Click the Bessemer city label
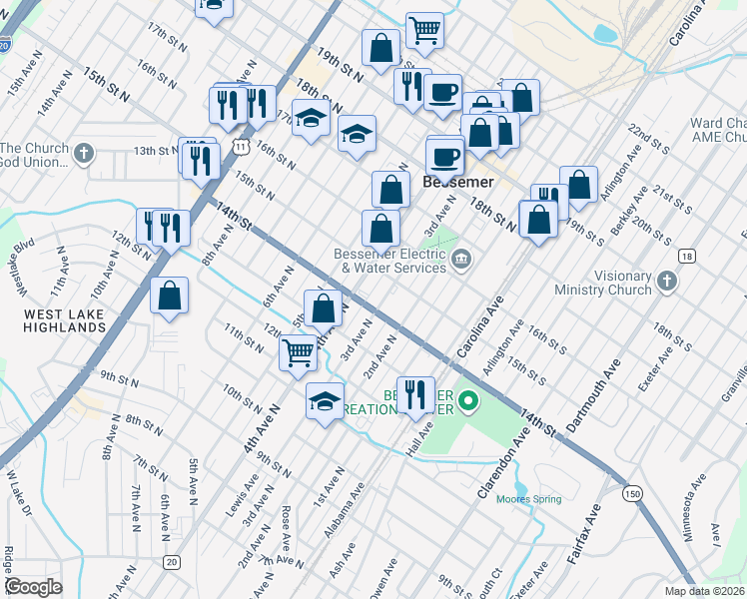coord(458,183)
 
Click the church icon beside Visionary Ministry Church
coord(668,283)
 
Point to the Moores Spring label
coord(529,499)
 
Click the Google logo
coord(33,586)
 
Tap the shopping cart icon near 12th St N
coord(299,351)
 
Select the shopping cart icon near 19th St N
coord(425,30)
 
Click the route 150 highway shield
coord(631,493)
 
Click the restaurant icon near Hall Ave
coord(414,392)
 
